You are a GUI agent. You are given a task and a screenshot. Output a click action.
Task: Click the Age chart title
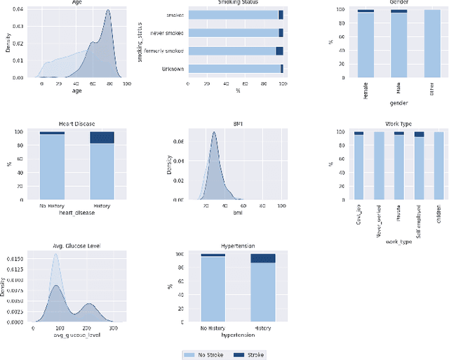(x=81, y=3)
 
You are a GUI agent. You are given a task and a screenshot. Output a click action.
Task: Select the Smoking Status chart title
(x=236, y=3)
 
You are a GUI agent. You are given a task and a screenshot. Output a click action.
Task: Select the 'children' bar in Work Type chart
(x=438, y=166)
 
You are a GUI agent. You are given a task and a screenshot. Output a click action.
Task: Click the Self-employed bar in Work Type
(x=419, y=166)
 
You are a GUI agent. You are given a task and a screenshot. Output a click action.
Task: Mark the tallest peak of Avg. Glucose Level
(x=55, y=258)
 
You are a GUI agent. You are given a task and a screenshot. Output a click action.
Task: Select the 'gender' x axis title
(x=398, y=103)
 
